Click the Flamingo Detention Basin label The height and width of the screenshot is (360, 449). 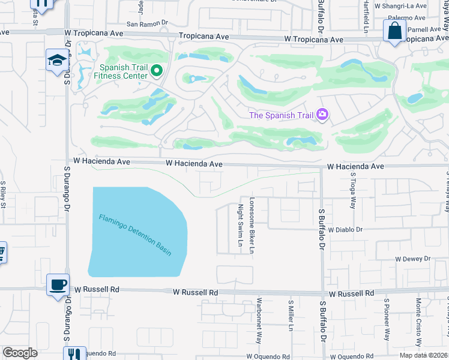click(x=136, y=235)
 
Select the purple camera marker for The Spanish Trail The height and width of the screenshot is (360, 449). click(x=323, y=115)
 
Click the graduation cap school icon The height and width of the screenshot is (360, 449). click(x=58, y=60)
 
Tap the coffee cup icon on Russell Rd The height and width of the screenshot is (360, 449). click(x=58, y=284)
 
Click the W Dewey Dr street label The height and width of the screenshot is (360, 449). click(x=413, y=259)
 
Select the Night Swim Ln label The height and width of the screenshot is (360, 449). click(x=240, y=220)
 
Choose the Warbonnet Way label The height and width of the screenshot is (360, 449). click(x=259, y=320)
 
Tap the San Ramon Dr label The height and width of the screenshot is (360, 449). click(x=143, y=24)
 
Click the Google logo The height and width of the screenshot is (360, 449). click(x=20, y=353)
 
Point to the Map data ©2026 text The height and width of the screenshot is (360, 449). click(x=423, y=355)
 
